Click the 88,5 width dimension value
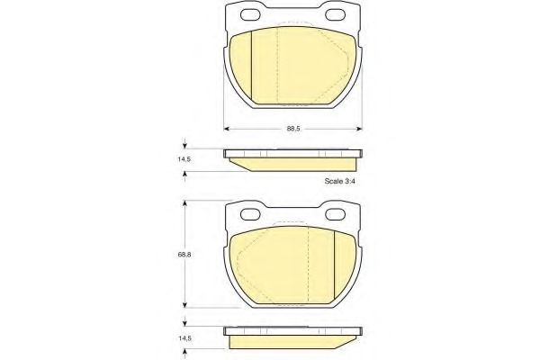click(x=293, y=129)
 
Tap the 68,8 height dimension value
click(x=184, y=255)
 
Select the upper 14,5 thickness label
click(x=184, y=159)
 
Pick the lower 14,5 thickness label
click(x=184, y=338)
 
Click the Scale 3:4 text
click(x=339, y=181)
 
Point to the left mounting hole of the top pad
click(x=250, y=14)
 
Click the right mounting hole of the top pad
click(x=336, y=14)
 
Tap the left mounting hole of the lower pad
click(x=250, y=214)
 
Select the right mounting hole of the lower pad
click(x=336, y=214)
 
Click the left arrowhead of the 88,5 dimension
click(x=226, y=129)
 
